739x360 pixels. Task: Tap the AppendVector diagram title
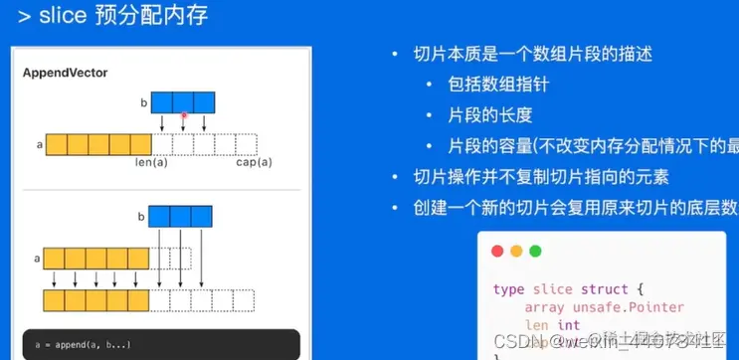point(66,74)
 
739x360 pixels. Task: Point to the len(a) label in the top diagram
point(151,162)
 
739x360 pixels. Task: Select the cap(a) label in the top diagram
point(252,162)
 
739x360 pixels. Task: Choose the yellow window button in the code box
point(516,252)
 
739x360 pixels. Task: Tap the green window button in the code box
point(534,252)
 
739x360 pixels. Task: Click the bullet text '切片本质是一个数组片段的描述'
point(523,54)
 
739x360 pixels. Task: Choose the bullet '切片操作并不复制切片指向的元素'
point(541,178)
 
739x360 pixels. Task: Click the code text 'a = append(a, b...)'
point(86,345)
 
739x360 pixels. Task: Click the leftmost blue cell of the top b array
point(161,101)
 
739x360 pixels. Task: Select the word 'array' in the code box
point(544,306)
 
